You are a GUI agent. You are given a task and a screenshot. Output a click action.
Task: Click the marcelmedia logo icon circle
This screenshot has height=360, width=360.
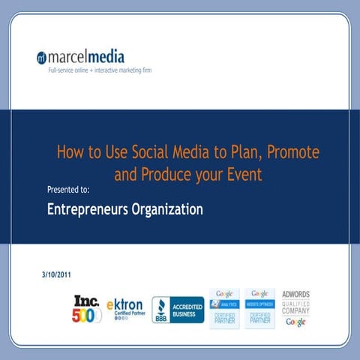42,58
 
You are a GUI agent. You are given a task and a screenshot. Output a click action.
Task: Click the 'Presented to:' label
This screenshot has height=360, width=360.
68,190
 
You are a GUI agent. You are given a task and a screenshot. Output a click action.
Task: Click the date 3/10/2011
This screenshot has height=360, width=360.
57,275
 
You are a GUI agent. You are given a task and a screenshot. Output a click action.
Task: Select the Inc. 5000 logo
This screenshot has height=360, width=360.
87,307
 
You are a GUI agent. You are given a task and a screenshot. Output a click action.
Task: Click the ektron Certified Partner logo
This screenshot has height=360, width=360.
124,308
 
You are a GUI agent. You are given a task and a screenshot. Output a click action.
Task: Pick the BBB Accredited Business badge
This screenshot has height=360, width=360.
178,309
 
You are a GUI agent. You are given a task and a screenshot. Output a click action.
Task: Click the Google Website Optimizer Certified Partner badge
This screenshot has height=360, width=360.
260,307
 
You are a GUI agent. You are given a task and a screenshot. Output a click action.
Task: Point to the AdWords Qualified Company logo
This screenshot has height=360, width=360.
295,307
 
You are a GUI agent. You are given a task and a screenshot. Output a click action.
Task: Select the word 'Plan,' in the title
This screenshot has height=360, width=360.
229,152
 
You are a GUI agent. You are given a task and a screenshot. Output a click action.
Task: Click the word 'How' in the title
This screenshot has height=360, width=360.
69,152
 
